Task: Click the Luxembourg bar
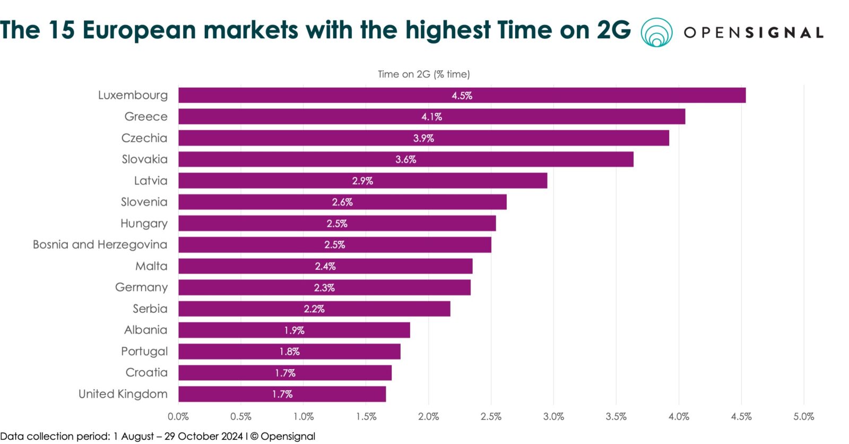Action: click(x=462, y=96)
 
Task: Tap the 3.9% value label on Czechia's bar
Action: click(x=423, y=139)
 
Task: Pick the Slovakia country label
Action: click(x=144, y=159)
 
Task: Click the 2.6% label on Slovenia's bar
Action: click(x=342, y=202)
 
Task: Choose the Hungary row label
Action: click(x=144, y=224)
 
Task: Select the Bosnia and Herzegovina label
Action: click(x=100, y=245)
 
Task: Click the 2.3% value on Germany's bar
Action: click(x=324, y=288)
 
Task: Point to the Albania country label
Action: click(x=145, y=330)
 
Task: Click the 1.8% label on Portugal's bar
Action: click(x=290, y=352)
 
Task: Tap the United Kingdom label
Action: click(x=123, y=394)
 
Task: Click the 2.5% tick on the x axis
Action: click(x=491, y=417)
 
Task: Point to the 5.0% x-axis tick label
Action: click(x=803, y=417)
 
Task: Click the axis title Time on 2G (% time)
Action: click(x=423, y=74)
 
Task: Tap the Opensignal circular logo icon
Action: click(x=656, y=32)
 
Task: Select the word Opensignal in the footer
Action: click(x=288, y=437)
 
